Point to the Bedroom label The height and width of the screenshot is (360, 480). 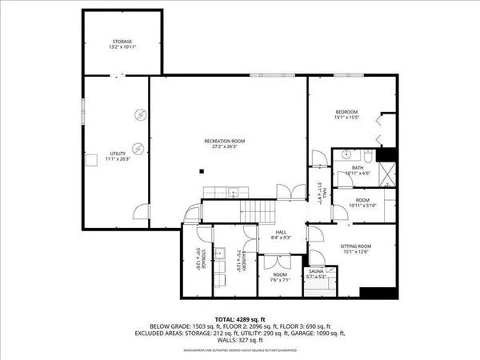tap(346, 111)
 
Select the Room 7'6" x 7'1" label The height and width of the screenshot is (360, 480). tap(279, 277)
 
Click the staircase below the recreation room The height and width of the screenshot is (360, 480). tap(258, 211)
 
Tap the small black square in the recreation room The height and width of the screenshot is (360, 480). tap(204, 170)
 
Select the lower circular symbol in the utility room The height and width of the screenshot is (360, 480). tap(138, 148)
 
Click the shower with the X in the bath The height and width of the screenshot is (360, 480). tap(387, 172)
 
